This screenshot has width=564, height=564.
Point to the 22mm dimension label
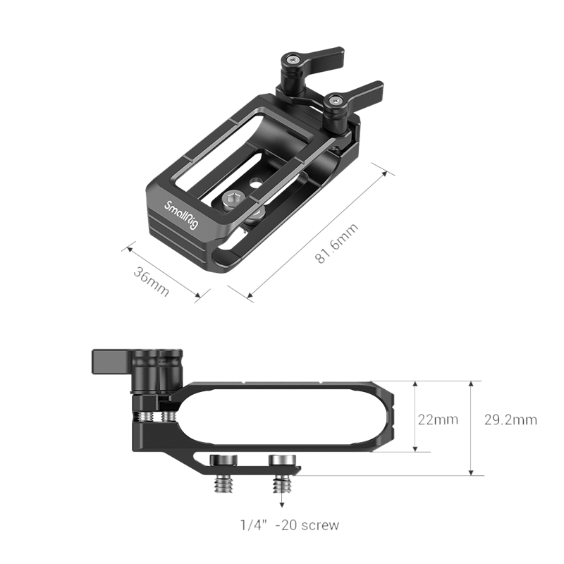coord(437,420)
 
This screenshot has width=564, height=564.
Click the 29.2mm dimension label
coord(510,420)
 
